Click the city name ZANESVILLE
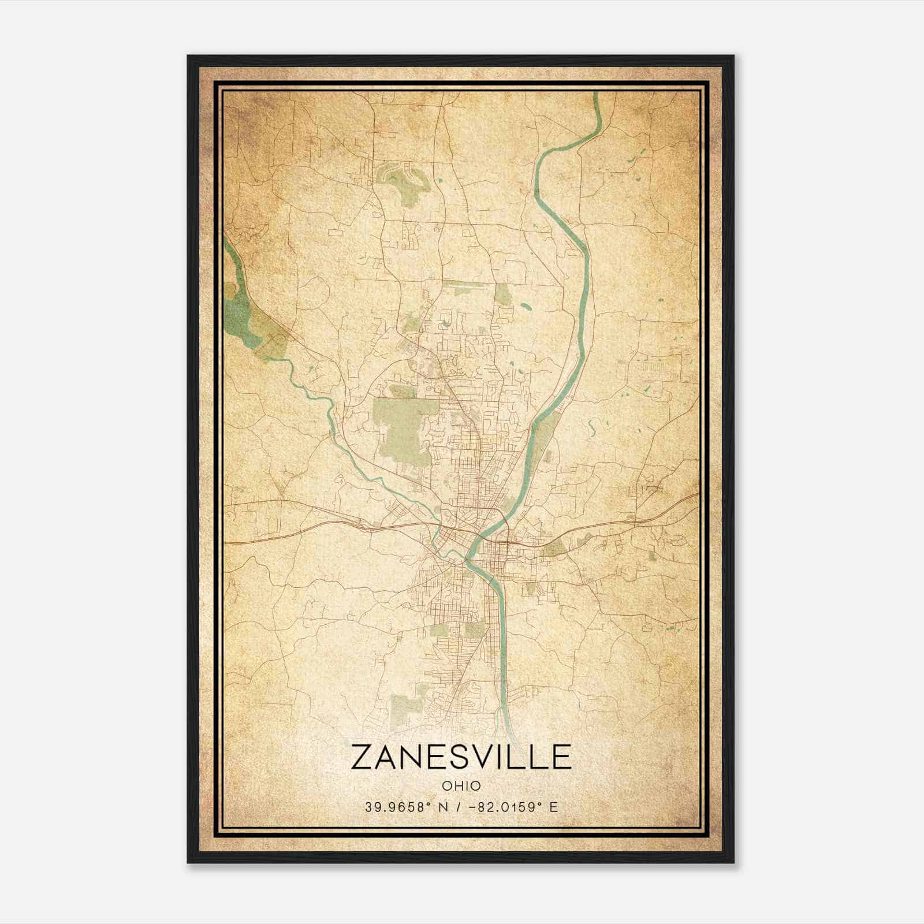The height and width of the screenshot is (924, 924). click(x=461, y=757)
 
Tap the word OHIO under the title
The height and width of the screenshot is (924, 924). click(x=461, y=786)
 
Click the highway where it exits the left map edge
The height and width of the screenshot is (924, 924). click(x=226, y=543)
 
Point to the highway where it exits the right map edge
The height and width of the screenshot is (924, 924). click(x=697, y=495)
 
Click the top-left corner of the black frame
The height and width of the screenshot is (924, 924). click(x=189, y=57)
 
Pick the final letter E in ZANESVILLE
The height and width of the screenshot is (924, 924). click(x=560, y=757)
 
